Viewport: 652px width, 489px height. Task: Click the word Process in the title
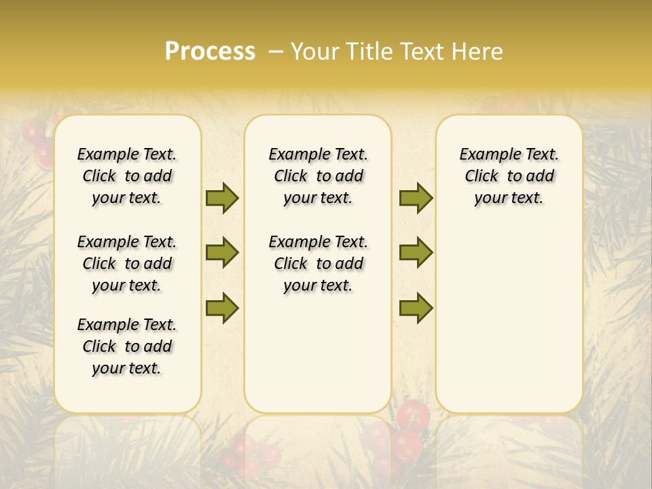[x=210, y=52]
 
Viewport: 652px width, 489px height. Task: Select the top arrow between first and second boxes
[x=222, y=198]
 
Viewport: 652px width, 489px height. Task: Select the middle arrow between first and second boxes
[x=222, y=253]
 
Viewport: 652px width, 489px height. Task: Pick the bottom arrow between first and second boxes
[x=222, y=308]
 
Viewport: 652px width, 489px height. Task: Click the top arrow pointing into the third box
[x=416, y=198]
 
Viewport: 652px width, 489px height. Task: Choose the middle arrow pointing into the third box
[x=416, y=253]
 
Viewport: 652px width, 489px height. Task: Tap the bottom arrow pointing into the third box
[x=416, y=308]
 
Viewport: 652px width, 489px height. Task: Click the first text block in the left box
[x=127, y=176]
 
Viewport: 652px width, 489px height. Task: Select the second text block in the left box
[x=127, y=264]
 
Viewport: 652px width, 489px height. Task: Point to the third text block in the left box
[x=127, y=346]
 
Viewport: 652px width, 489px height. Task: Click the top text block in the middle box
[x=318, y=176]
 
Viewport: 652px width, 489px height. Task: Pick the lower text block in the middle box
[x=318, y=264]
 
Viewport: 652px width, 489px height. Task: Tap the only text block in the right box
[x=509, y=176]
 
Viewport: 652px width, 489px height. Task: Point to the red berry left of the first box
[x=33, y=133]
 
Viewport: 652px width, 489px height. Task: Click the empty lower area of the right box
[x=509, y=326]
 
